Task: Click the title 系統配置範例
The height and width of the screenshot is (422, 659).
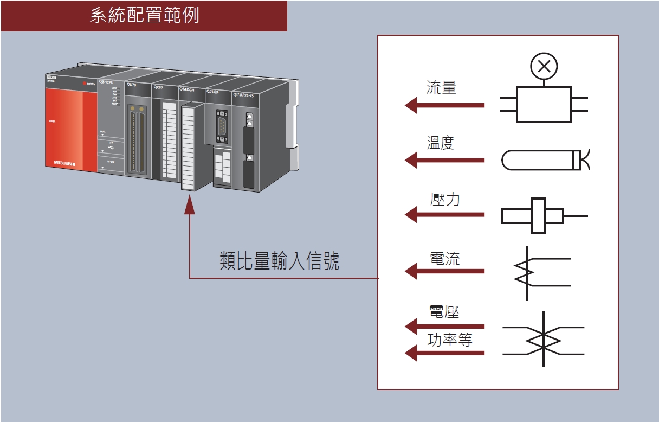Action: (144, 16)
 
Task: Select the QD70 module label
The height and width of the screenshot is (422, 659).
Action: (132, 85)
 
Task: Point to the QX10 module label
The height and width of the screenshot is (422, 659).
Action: (158, 87)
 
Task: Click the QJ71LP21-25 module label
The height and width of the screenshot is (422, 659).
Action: (247, 94)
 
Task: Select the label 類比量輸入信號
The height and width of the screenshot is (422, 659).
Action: (280, 261)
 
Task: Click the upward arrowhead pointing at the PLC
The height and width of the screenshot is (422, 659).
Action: (190, 206)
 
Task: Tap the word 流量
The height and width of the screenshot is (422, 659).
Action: (441, 87)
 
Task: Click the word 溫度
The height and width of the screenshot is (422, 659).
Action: (440, 143)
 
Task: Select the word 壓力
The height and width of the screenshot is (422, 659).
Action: (445, 199)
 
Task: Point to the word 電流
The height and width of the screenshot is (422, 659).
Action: (444, 258)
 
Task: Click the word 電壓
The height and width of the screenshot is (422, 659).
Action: (444, 311)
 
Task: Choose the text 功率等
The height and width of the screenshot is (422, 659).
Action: (450, 340)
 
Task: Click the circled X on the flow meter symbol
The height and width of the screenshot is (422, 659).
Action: (544, 66)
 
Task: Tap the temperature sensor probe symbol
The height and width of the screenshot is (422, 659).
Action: (542, 159)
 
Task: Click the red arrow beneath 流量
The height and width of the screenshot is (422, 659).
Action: (444, 105)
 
